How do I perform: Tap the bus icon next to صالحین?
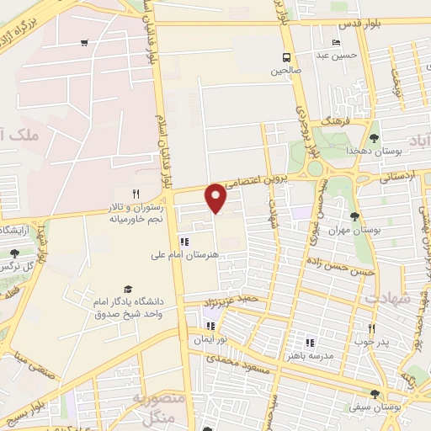point(288,57)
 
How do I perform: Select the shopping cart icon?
point(83,43)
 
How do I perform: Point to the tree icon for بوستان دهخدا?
point(374,138)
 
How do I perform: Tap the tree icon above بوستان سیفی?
point(374,394)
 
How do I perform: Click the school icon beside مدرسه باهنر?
point(309,343)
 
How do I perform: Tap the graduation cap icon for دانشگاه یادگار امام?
point(128,289)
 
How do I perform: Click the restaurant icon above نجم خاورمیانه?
point(136,193)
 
